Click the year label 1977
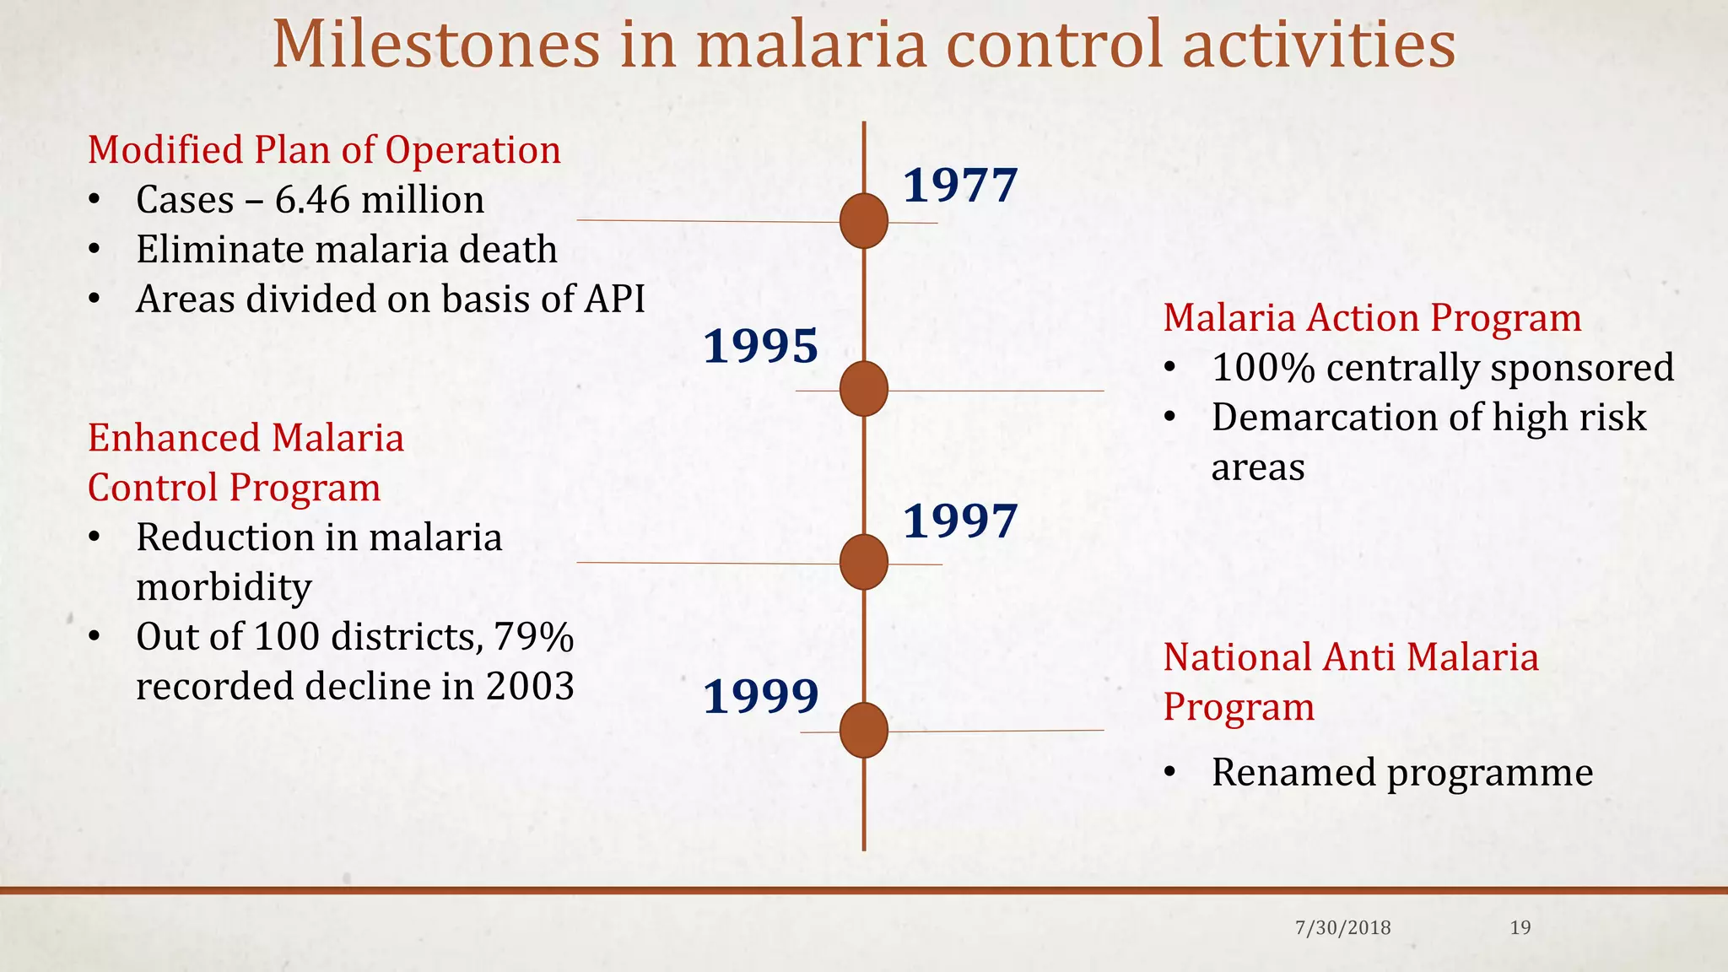(x=960, y=186)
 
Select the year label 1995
(x=761, y=346)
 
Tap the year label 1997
(x=960, y=521)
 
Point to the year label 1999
(x=761, y=696)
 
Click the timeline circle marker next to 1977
(x=864, y=221)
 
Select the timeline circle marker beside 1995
(x=864, y=389)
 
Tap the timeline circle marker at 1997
(x=864, y=562)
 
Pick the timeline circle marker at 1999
(x=864, y=730)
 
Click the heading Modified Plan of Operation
(x=324, y=150)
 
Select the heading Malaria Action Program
(x=1372, y=318)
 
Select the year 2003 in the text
(x=530, y=686)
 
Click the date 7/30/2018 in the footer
(x=1342, y=928)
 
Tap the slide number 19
(x=1520, y=928)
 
